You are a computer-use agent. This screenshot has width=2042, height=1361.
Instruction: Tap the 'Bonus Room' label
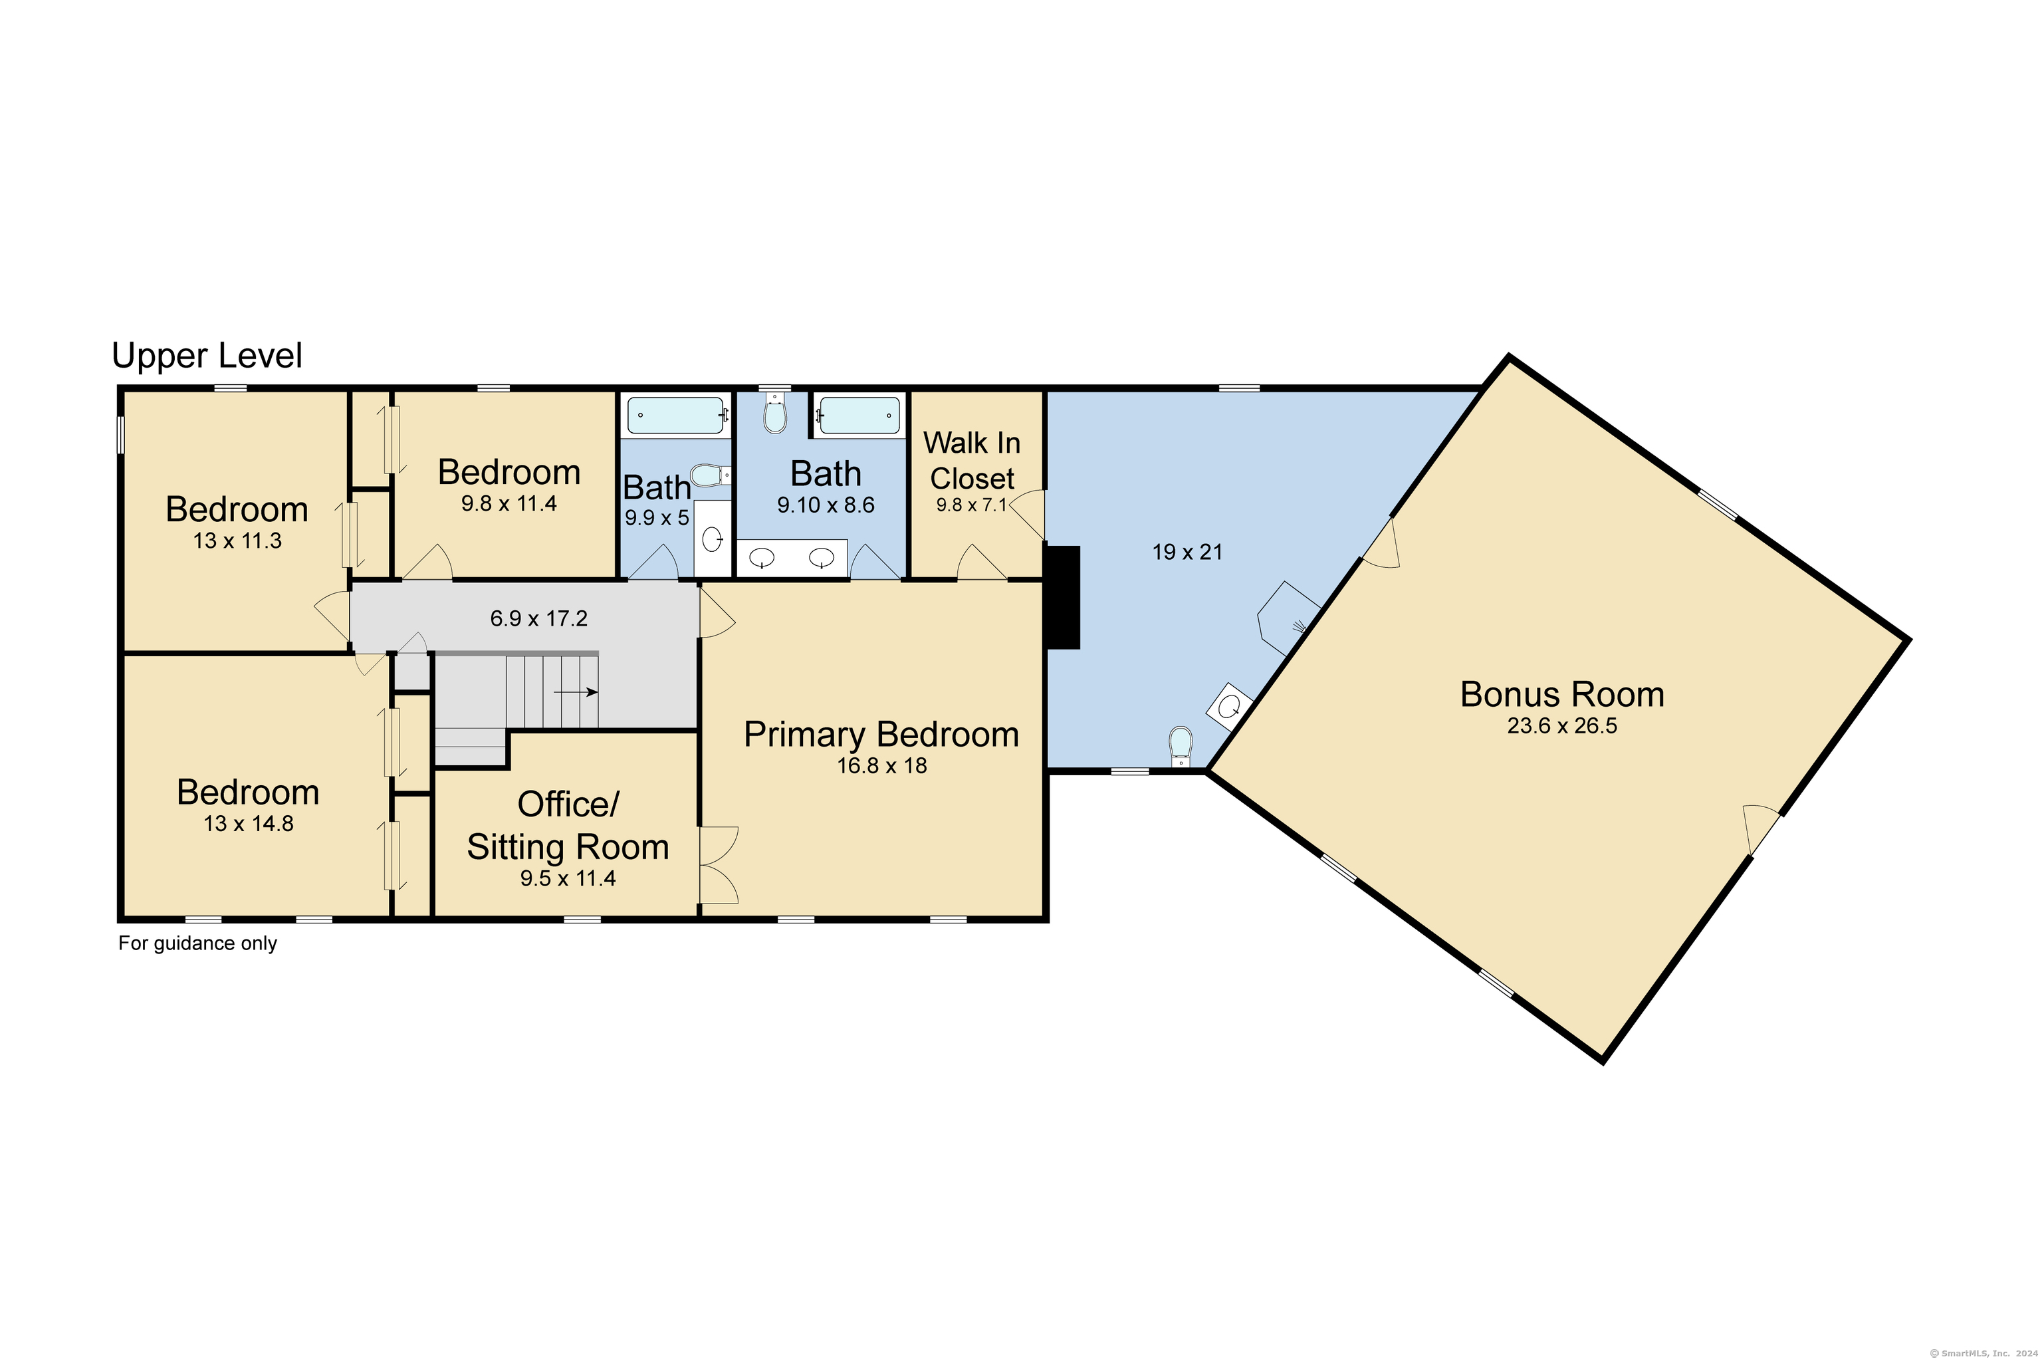(x=1562, y=694)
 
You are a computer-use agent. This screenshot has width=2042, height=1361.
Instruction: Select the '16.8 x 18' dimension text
(x=881, y=765)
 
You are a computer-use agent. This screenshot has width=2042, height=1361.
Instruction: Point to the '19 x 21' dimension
(x=1187, y=552)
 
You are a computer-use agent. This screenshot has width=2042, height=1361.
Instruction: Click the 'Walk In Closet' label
(x=972, y=461)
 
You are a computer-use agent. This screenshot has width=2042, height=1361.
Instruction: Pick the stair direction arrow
(x=576, y=691)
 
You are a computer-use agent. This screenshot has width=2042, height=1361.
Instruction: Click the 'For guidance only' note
(x=198, y=943)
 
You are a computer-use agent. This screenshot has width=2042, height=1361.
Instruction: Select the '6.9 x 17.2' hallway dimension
(x=539, y=618)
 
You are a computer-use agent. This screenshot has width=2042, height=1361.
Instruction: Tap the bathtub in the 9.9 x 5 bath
(x=676, y=416)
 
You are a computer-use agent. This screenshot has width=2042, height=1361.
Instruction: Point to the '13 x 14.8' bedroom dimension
(x=249, y=824)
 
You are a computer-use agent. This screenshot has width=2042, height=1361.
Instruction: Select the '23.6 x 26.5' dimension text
(x=1562, y=725)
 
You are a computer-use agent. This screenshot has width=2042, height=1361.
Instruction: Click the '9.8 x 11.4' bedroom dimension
(x=509, y=503)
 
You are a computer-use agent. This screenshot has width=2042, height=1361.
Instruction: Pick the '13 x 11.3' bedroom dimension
(x=237, y=541)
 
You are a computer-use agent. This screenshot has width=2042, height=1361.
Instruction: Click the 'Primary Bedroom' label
(x=881, y=734)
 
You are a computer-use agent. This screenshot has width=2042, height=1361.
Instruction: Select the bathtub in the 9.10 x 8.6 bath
(x=859, y=416)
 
